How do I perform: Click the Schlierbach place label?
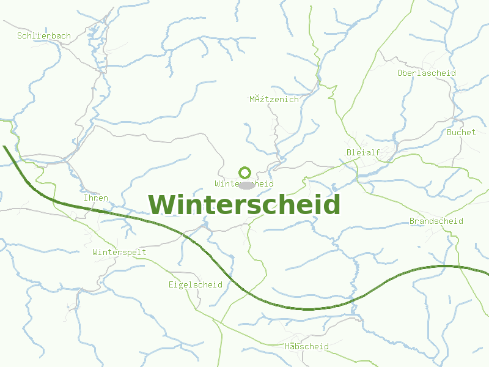tap(44, 36)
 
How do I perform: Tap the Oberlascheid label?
tap(427, 73)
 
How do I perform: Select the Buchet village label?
tap(461, 132)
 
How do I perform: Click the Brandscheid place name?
tap(436, 221)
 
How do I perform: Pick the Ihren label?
tap(96, 198)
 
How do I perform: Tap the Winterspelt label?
tap(120, 252)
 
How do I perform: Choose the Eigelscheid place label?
tap(196, 285)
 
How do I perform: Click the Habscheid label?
tap(307, 347)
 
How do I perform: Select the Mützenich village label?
tap(274, 100)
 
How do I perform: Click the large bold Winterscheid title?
tap(244, 204)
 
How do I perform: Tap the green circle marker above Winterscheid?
tap(244, 172)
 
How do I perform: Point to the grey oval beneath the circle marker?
tap(246, 185)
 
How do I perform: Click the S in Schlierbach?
tap(20, 36)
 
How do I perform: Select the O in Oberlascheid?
tap(400, 73)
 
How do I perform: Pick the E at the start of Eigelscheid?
tap(172, 285)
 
